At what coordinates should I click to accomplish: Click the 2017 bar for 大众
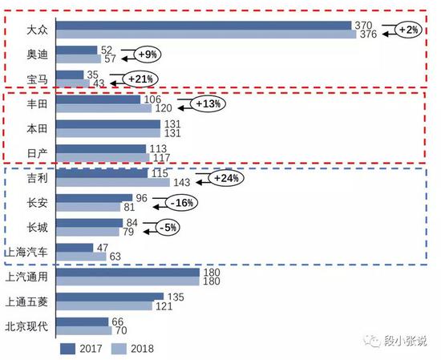pyautogui.click(x=204, y=26)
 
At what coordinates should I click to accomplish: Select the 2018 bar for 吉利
pyautogui.click(x=114, y=182)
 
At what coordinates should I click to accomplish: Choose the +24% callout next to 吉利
pyautogui.click(x=225, y=178)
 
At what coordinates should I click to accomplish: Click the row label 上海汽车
pyautogui.click(x=29, y=252)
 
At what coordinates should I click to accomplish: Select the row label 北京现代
pyautogui.click(x=29, y=326)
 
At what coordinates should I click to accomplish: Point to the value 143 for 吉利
pyautogui.click(x=183, y=183)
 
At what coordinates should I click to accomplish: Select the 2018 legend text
pyautogui.click(x=141, y=348)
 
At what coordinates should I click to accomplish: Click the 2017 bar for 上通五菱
pyautogui.click(x=111, y=297)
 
